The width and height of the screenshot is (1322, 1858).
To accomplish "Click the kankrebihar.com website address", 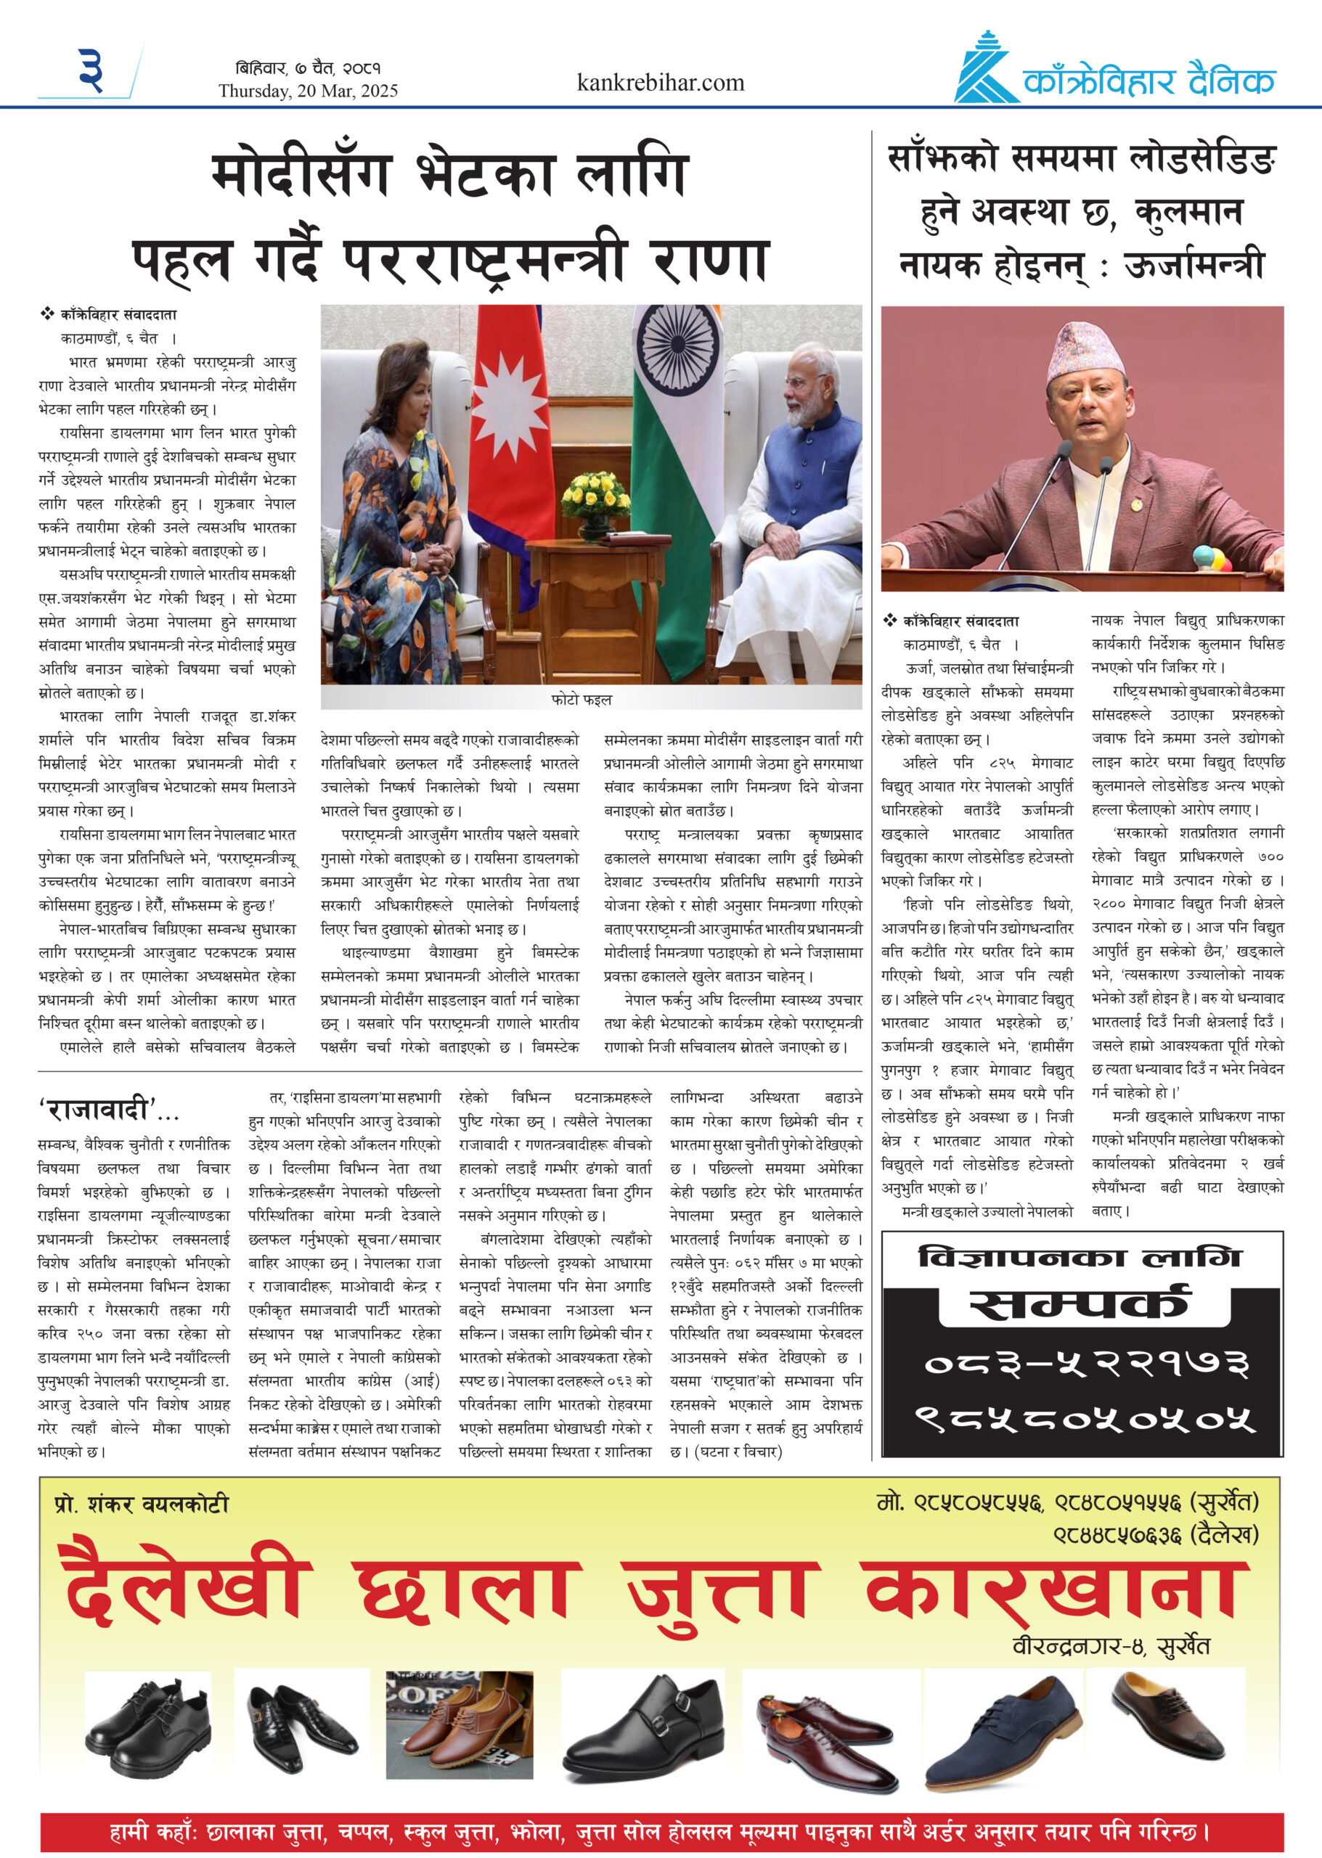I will (660, 83).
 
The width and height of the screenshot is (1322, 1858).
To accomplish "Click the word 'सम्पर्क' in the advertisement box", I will (1082, 1304).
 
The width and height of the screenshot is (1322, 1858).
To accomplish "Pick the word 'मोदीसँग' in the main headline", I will (301, 175).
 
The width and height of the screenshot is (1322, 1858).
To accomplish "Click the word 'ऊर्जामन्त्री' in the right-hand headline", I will (1194, 264).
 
